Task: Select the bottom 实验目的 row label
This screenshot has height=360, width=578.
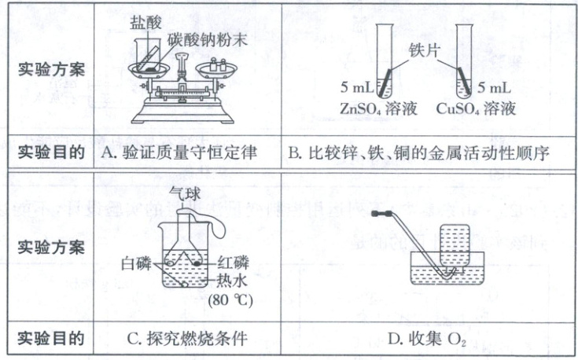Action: tap(51, 340)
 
